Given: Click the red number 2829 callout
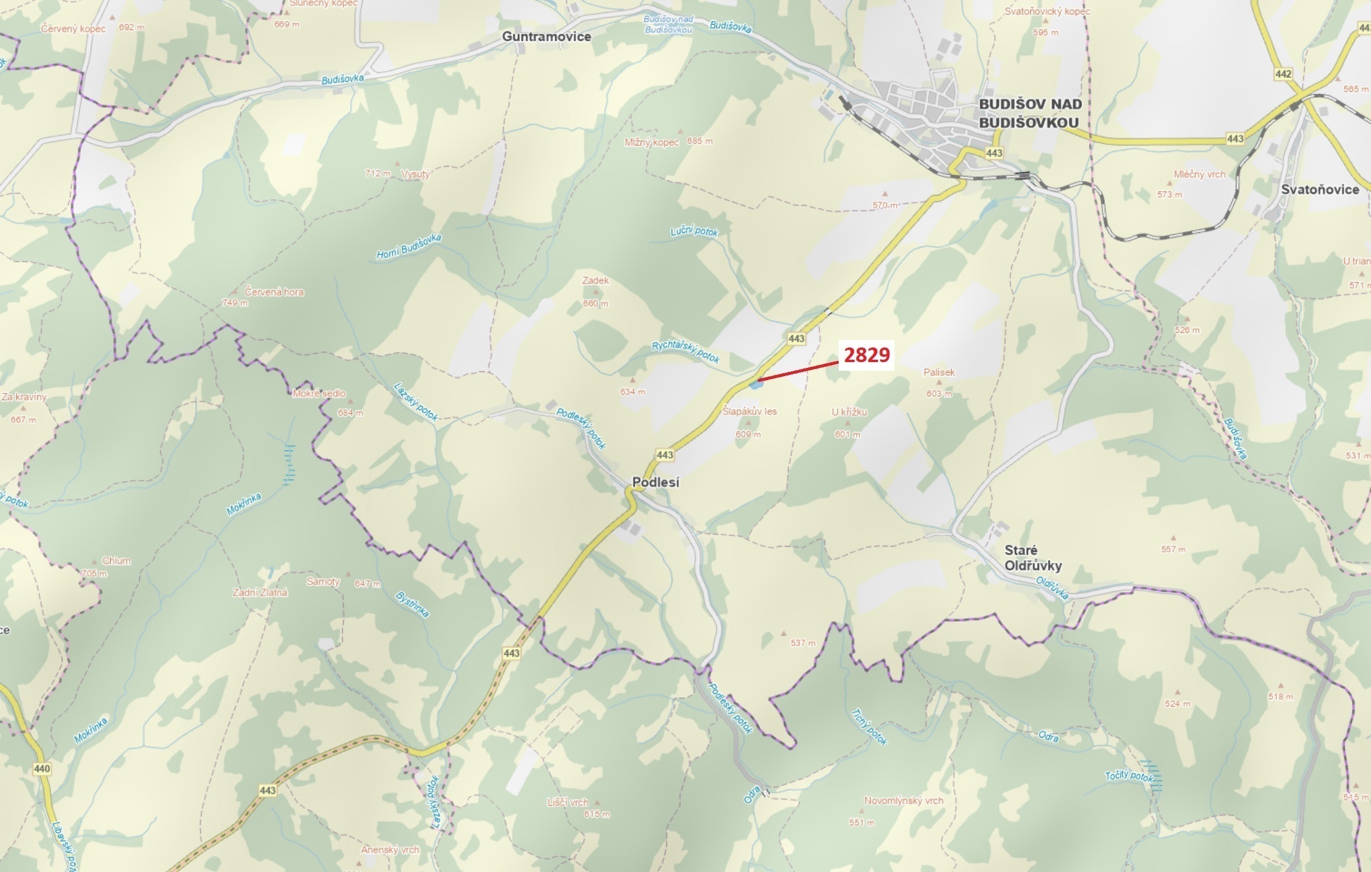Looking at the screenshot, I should (867, 355).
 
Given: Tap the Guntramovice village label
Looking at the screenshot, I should (546, 37).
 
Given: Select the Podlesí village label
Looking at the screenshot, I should (655, 483).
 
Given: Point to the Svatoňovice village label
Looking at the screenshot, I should (1320, 189).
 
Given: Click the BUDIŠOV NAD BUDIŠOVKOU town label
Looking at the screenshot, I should (1030, 113).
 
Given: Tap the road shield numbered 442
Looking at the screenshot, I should (1283, 74).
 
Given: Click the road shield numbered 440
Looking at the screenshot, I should (42, 768).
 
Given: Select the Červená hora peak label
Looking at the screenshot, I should (274, 292).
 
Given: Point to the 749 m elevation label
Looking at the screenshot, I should (235, 303).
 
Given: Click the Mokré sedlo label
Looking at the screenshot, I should (319, 394).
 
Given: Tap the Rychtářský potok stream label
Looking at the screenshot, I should (685, 352).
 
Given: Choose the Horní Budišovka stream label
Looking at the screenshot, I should (409, 247).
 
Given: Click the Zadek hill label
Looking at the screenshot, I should (595, 281).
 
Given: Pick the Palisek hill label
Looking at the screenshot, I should (939, 372).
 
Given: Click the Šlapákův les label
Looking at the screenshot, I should (749, 411).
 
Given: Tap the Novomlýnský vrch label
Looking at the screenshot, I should (903, 800).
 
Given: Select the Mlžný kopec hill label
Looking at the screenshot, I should (651, 142).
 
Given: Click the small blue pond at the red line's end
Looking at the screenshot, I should (755, 384).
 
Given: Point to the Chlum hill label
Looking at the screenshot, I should (116, 561).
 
